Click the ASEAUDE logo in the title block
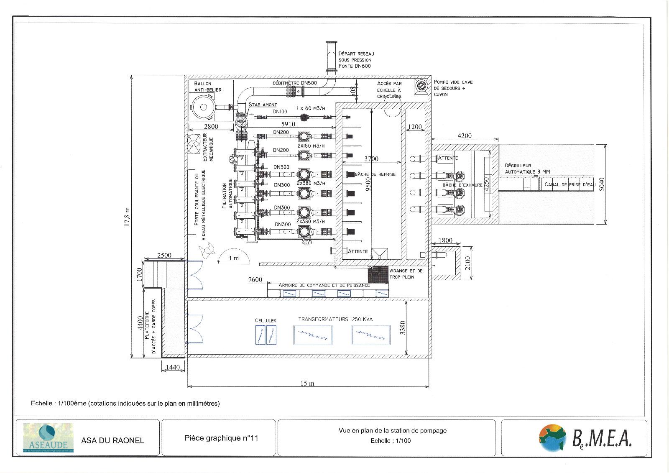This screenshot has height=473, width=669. (48, 438)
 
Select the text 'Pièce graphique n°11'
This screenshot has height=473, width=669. (221, 438)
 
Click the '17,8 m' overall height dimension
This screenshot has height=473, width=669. (127, 217)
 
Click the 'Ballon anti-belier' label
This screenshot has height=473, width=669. (207, 87)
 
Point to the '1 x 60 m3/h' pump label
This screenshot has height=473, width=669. (310, 108)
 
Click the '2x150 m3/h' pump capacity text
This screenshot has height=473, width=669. (311, 145)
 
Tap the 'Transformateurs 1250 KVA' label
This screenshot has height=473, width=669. (335, 319)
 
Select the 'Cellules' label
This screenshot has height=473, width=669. (266, 320)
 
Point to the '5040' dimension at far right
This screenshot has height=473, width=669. (602, 184)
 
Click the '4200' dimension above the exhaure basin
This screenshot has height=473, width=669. (464, 136)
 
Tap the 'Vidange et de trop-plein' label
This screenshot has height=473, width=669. (406, 274)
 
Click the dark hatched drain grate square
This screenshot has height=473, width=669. (378, 274)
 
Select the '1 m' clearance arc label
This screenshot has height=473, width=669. (234, 258)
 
